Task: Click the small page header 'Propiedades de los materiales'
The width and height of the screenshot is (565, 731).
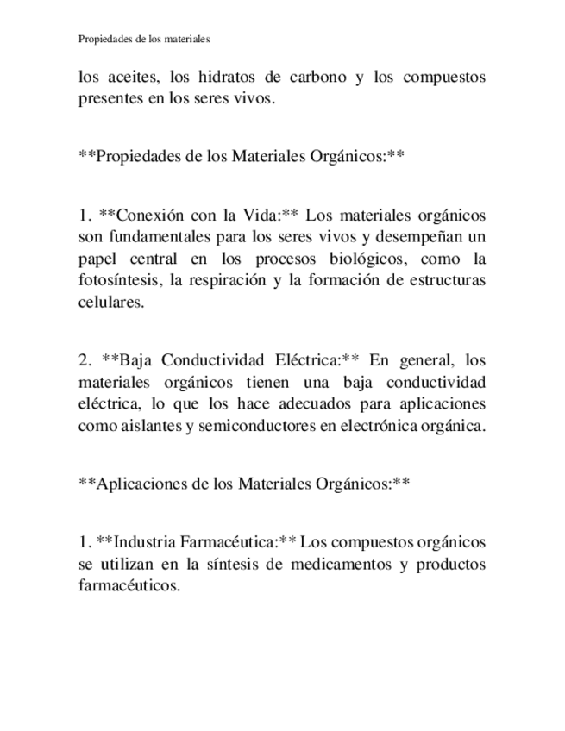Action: point(144,39)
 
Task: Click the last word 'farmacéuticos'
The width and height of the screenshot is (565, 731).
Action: point(129,585)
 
